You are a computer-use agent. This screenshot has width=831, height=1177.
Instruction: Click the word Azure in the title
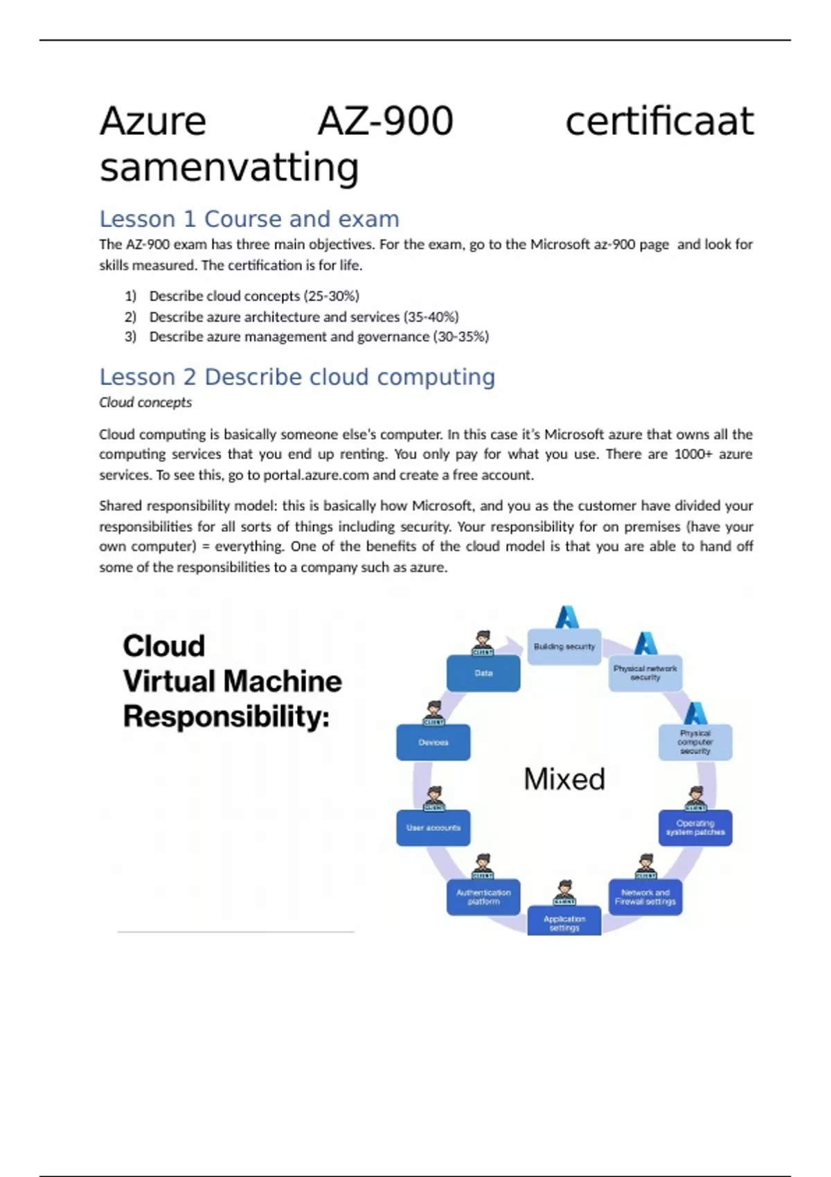(x=153, y=121)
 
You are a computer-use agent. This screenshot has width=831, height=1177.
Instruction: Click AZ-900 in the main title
(x=385, y=121)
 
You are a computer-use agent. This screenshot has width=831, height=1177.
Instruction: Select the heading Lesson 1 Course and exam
(x=249, y=219)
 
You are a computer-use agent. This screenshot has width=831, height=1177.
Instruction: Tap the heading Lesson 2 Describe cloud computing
(x=297, y=377)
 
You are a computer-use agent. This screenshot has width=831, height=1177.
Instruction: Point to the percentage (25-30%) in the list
(x=331, y=296)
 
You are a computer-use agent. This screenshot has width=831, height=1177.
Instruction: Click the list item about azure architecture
(x=304, y=317)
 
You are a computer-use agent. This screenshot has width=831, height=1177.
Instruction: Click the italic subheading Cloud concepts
(x=145, y=402)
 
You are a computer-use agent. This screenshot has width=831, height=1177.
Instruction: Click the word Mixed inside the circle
(x=564, y=780)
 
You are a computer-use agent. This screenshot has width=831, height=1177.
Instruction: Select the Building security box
(x=564, y=647)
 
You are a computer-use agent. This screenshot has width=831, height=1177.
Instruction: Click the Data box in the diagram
(x=483, y=674)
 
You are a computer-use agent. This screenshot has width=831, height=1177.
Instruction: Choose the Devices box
(x=434, y=742)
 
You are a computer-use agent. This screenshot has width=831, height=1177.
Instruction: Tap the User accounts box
(x=434, y=828)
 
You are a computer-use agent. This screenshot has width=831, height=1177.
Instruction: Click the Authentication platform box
(x=483, y=897)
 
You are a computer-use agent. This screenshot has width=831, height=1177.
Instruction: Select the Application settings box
(x=564, y=922)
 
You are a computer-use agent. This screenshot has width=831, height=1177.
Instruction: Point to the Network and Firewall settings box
(x=645, y=897)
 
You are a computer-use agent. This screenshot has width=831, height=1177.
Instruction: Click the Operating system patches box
(x=695, y=828)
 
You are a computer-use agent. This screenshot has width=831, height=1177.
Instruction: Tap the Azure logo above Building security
(x=567, y=617)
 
